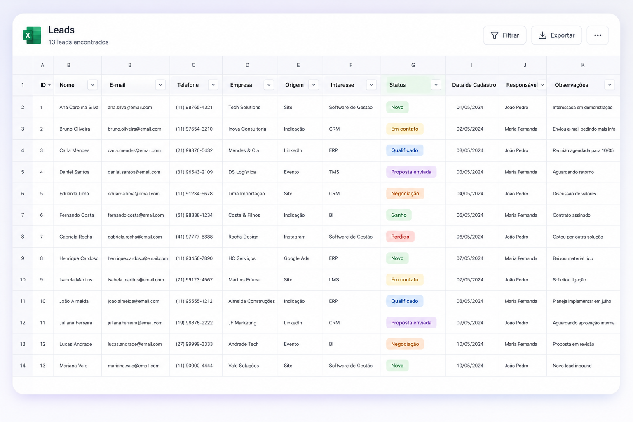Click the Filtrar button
[504, 35]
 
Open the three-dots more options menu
[598, 35]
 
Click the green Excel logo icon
[32, 35]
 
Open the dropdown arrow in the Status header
[436, 85]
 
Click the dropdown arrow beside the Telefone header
[213, 85]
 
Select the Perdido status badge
[400, 237]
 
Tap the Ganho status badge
[399, 215]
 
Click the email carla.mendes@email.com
[134, 150]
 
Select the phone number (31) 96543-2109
[194, 172]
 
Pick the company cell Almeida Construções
[251, 301]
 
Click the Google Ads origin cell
[296, 258]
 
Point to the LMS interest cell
[334, 279]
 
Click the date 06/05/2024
[470, 237]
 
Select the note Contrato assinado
[572, 215]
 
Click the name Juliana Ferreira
[76, 323]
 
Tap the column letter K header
[583, 65]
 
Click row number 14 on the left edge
[23, 366]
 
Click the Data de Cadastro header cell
[474, 85]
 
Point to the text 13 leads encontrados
[78, 42]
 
